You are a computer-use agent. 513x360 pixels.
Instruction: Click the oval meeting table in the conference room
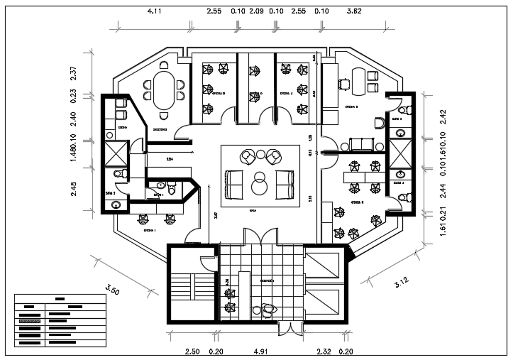pos(165,89)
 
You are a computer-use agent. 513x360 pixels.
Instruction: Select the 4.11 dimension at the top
pos(155,12)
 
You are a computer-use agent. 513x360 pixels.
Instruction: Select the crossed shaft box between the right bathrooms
pos(399,152)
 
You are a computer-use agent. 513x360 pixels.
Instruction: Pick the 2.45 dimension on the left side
pos(74,190)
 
